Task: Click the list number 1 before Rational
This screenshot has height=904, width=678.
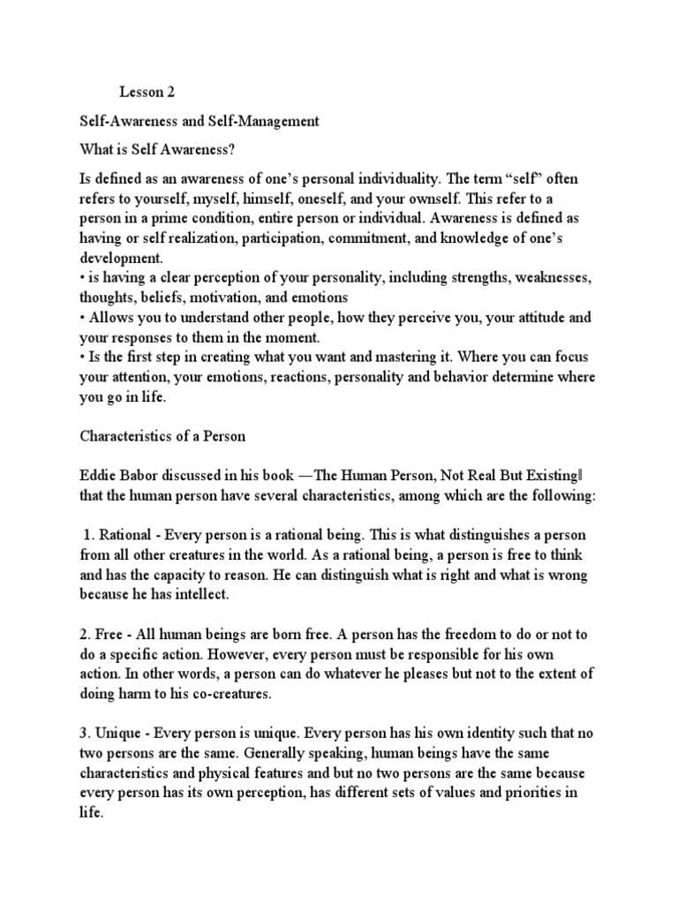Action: [87, 536]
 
